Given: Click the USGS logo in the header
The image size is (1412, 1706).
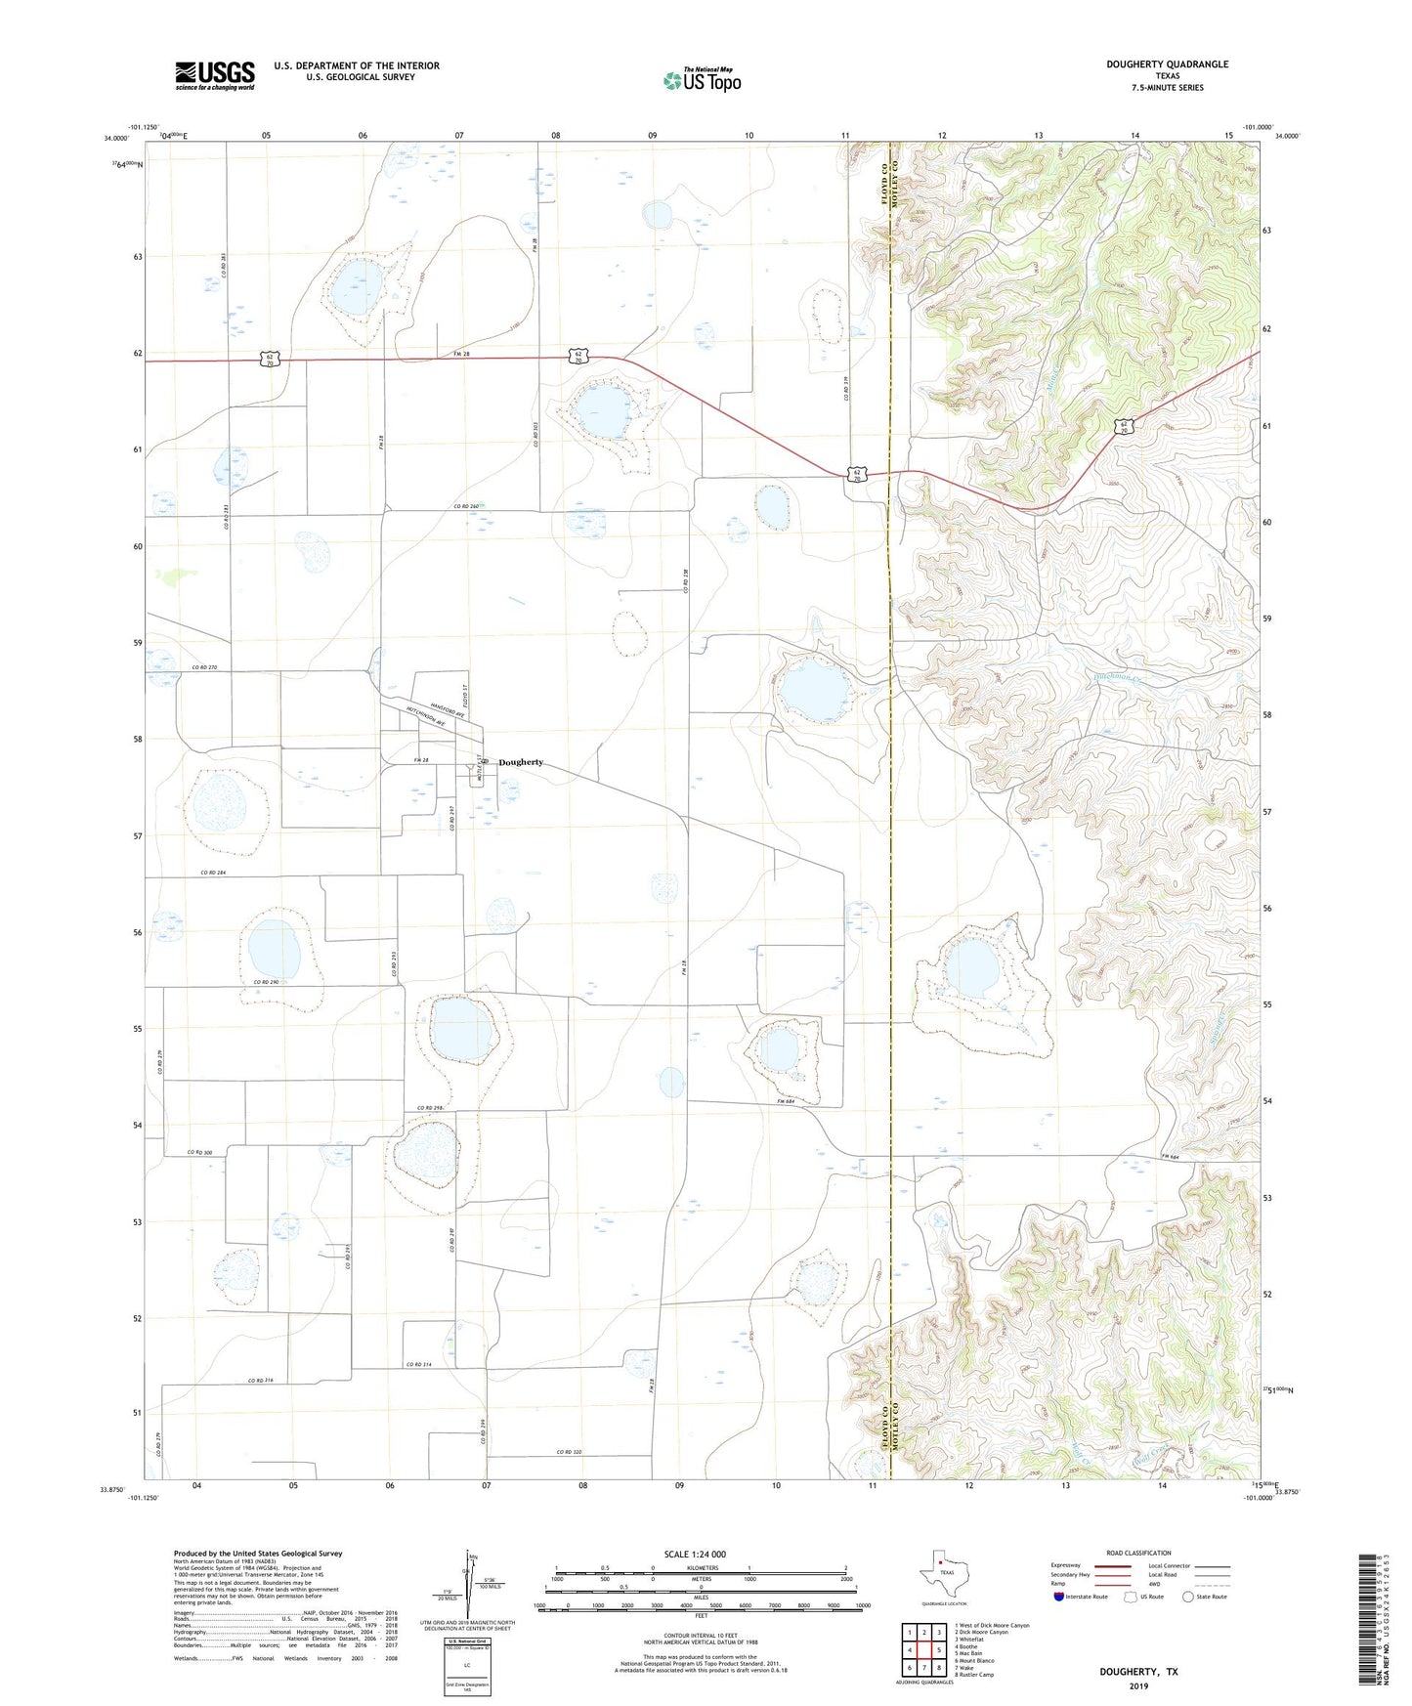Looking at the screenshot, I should coord(215,75).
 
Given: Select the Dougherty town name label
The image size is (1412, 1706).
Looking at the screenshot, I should coord(520,762).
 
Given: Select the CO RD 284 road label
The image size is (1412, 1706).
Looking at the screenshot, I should coord(213,873).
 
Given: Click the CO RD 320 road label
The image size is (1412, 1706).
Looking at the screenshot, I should coord(569,1452).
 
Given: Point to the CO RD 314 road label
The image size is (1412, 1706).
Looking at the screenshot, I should coord(418,1364).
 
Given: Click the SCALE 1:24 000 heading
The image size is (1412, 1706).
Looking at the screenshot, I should coord(695,1554).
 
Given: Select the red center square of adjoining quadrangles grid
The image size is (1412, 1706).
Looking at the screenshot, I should coord(922,1649).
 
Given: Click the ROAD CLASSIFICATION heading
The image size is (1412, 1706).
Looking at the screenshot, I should coord(1139,1553).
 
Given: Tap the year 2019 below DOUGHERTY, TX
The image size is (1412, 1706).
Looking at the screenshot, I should coord(1138,1686).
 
